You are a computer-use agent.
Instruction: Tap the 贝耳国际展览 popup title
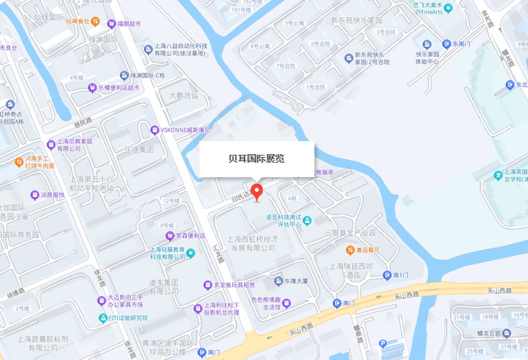click(256, 158)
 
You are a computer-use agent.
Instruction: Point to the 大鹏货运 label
click(183, 95)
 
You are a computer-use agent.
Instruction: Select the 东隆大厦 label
click(295, 280)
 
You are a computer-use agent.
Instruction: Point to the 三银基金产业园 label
click(350, 233)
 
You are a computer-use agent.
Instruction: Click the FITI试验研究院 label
click(128, 318)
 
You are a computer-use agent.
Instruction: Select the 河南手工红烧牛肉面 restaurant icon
click(19, 161)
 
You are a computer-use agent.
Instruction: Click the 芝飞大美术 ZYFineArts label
click(427, 8)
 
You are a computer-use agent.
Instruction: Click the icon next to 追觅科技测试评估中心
click(308, 220)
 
